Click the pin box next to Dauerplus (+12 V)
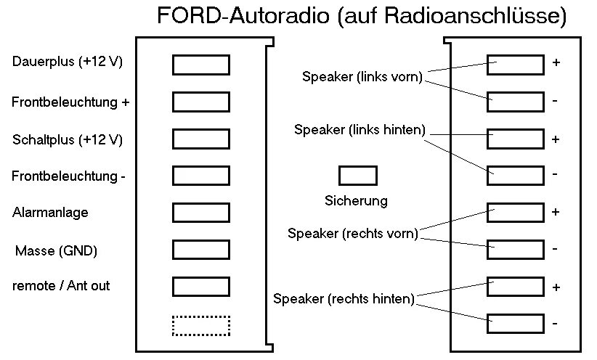pos(200,65)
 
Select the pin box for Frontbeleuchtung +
pos(200,102)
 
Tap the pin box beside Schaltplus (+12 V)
pos(200,139)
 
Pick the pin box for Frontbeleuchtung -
pos(200,176)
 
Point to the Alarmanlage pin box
pos(200,212)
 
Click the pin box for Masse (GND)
pos(200,249)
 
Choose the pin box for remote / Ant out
pos(200,286)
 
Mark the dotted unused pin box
pos(200,325)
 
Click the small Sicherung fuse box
pos(357,176)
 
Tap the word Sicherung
pos(356,200)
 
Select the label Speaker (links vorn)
pos(362,77)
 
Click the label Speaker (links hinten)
pos(360,129)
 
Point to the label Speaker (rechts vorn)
pos(353,234)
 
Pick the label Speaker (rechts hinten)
pos(344,298)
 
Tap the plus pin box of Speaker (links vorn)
pos(516,64)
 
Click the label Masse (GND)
pos(57,251)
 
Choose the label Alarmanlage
pos(50,213)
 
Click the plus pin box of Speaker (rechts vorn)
pos(516,212)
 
